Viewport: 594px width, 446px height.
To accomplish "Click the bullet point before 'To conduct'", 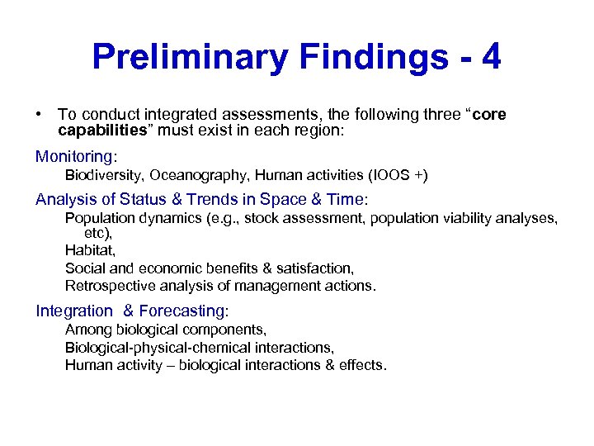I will (x=39, y=115).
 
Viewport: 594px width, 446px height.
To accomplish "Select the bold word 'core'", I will (x=489, y=115).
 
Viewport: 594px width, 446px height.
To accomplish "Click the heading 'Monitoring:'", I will (x=77, y=156).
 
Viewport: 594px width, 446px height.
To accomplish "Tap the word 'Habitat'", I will (x=90, y=249).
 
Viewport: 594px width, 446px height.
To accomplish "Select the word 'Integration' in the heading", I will (x=74, y=311).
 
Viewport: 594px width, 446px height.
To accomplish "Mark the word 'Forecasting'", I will (x=181, y=311).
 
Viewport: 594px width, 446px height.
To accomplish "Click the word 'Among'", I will (x=86, y=330).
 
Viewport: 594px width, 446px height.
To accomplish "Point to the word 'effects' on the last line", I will (x=360, y=365).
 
